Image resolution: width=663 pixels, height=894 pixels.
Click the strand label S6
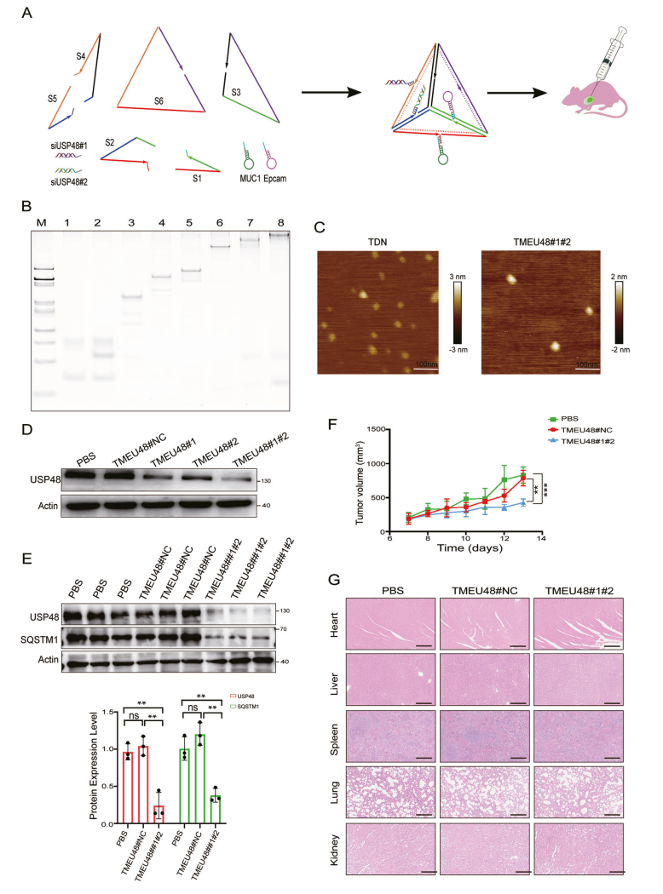pos(159,100)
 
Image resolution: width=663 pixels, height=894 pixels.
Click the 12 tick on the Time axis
pos(504,537)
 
